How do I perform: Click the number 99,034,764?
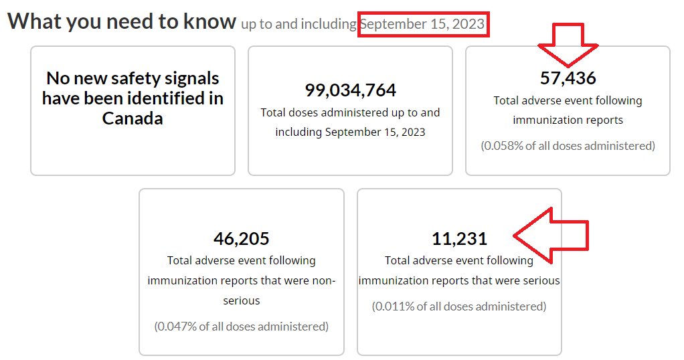click(x=350, y=90)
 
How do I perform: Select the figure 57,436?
click(x=568, y=78)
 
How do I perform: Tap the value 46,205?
click(x=241, y=238)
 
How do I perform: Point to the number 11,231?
click(x=459, y=238)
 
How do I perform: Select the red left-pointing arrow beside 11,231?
click(x=550, y=235)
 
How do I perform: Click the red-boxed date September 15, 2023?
click(x=423, y=24)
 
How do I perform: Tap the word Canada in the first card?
click(x=133, y=118)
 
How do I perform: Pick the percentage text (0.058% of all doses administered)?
click(x=568, y=145)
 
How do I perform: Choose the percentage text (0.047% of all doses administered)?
click(x=241, y=327)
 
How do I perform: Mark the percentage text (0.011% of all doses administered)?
click(x=459, y=306)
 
